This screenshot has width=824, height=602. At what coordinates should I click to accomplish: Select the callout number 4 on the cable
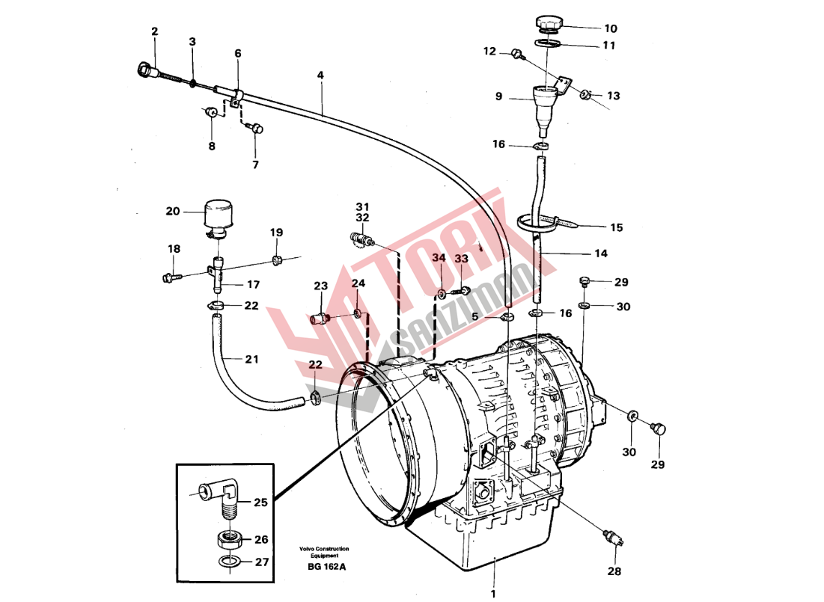(320, 76)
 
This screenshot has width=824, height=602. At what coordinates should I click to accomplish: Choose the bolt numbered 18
(168, 277)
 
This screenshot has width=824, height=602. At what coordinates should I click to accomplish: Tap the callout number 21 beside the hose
(251, 360)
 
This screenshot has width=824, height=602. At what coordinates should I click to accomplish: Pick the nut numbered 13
(587, 95)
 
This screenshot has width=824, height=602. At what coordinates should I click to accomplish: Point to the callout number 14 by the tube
(601, 254)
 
